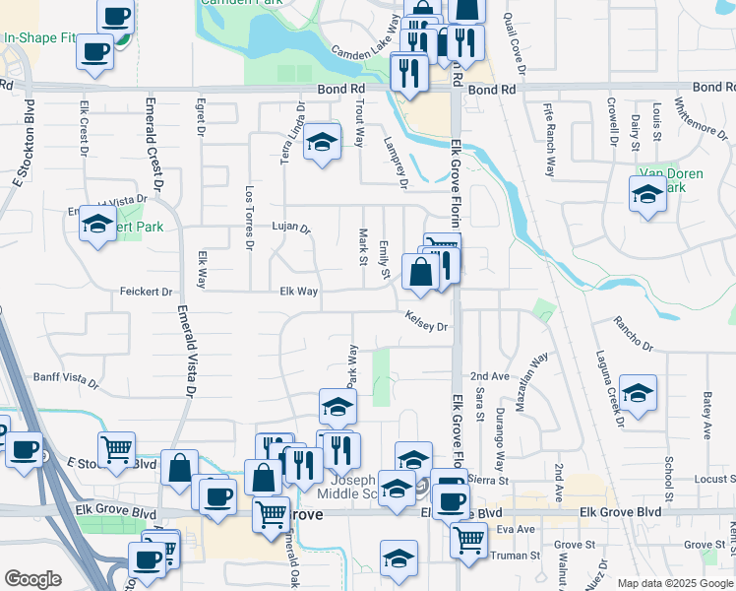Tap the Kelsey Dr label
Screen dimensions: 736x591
tap(427, 320)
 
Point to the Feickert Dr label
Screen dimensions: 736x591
tap(146, 292)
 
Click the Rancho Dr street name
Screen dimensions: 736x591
tap(633, 333)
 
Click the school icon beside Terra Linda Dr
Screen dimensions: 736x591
tap(321, 143)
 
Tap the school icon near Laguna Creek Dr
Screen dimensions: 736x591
tap(638, 395)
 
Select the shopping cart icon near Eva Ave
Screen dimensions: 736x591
tap(468, 539)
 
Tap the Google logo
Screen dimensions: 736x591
tap(32, 579)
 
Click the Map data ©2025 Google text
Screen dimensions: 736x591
tap(675, 583)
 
